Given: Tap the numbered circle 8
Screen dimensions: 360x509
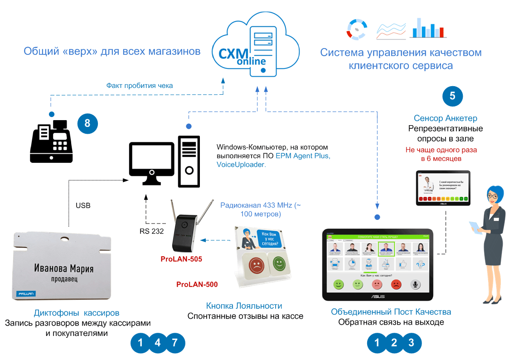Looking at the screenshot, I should pos(87,123).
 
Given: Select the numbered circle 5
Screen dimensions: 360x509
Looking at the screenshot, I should pos(452,96).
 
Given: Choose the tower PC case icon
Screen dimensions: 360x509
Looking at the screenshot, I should pos(189,161).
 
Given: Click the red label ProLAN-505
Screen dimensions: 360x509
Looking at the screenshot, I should pos(181,259).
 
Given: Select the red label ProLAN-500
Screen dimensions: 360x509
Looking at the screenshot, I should pos(197,285).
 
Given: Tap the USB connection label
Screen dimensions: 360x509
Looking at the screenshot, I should pos(83,205).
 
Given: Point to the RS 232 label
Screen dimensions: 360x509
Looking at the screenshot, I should pos(151,232).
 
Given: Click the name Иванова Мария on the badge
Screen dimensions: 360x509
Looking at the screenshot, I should pos(64,269).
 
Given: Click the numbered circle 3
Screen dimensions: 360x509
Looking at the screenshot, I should pos(411,343).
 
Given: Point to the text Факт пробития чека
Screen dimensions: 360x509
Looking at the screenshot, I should pos(140,85).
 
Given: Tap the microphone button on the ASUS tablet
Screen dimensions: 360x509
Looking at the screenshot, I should pos(415,284).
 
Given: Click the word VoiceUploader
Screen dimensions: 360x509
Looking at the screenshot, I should pos(241,165).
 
